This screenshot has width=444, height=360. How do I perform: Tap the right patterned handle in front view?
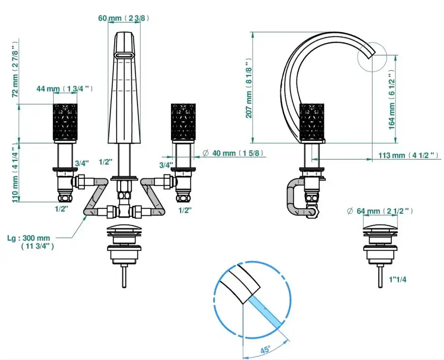[x=183, y=122]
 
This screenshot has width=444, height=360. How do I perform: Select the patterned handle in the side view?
[x=312, y=122]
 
